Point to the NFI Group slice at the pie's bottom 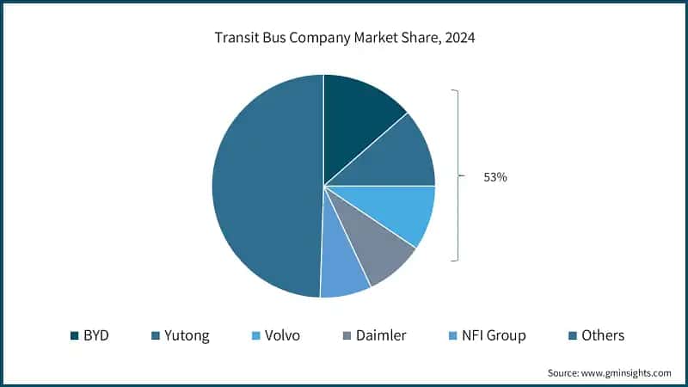[342, 273]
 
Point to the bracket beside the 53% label [458, 177]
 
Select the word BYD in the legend [96, 335]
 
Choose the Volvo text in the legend [282, 335]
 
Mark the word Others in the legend [602, 335]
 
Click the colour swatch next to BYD [74, 335]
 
